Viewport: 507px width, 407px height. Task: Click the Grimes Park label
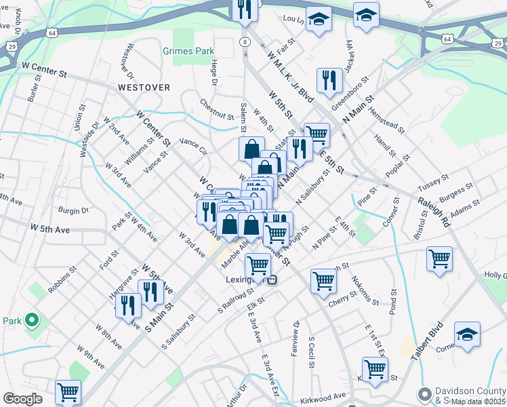(188, 51)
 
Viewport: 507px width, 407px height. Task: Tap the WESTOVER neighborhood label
(143, 88)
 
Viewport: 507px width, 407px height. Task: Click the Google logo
(22, 399)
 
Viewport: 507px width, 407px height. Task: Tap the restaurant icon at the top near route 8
(243, 9)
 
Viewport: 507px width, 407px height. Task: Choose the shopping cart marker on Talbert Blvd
(375, 370)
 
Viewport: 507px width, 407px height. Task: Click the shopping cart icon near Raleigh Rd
(439, 258)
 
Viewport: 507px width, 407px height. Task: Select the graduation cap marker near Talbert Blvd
(467, 334)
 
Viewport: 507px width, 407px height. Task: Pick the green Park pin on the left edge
(31, 320)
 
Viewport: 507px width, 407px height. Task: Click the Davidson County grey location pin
(425, 393)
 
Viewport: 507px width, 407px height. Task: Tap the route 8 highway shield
(243, 42)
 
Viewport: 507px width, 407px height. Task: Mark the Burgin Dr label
(74, 210)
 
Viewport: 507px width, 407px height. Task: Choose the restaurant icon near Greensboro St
(329, 80)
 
